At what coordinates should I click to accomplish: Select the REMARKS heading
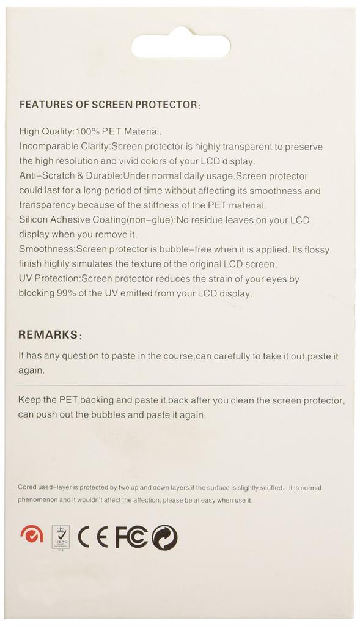coord(48,335)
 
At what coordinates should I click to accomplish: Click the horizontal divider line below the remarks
coord(180,386)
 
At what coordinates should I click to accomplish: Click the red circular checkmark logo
coord(31,535)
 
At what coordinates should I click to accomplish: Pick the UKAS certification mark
coord(61,537)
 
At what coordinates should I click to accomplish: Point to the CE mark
coord(93,537)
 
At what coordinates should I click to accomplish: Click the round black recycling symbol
coord(164,537)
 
